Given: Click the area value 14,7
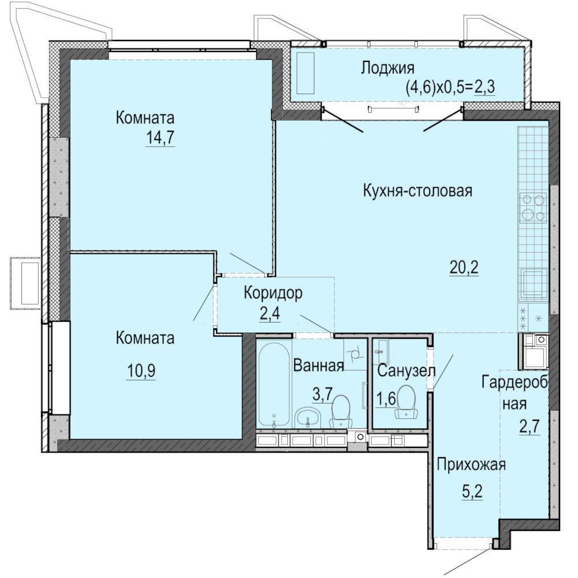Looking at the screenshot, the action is tap(160, 138).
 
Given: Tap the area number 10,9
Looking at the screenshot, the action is tap(141, 371).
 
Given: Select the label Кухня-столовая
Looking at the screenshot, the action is tap(418, 191).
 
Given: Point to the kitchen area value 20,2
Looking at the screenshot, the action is tap(464, 267).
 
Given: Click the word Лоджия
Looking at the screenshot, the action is tap(387, 68).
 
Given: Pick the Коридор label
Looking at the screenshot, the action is tap(273, 292).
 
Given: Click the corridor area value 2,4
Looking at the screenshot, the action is tap(270, 314).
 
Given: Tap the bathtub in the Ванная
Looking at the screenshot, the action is tap(274, 384).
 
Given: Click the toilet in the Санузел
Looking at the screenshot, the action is tap(406, 402).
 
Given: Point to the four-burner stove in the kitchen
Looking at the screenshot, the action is tap(533, 208).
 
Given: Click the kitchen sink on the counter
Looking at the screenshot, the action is tap(533, 283).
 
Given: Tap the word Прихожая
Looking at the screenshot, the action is tap(471, 465).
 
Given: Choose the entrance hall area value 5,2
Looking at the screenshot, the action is tap(472, 491).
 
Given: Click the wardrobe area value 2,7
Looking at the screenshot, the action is tap(529, 427).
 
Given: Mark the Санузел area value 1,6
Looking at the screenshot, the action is tap(386, 398).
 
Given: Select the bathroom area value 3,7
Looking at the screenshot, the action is tap(323, 394).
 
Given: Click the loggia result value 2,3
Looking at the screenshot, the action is tap(484, 88).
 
